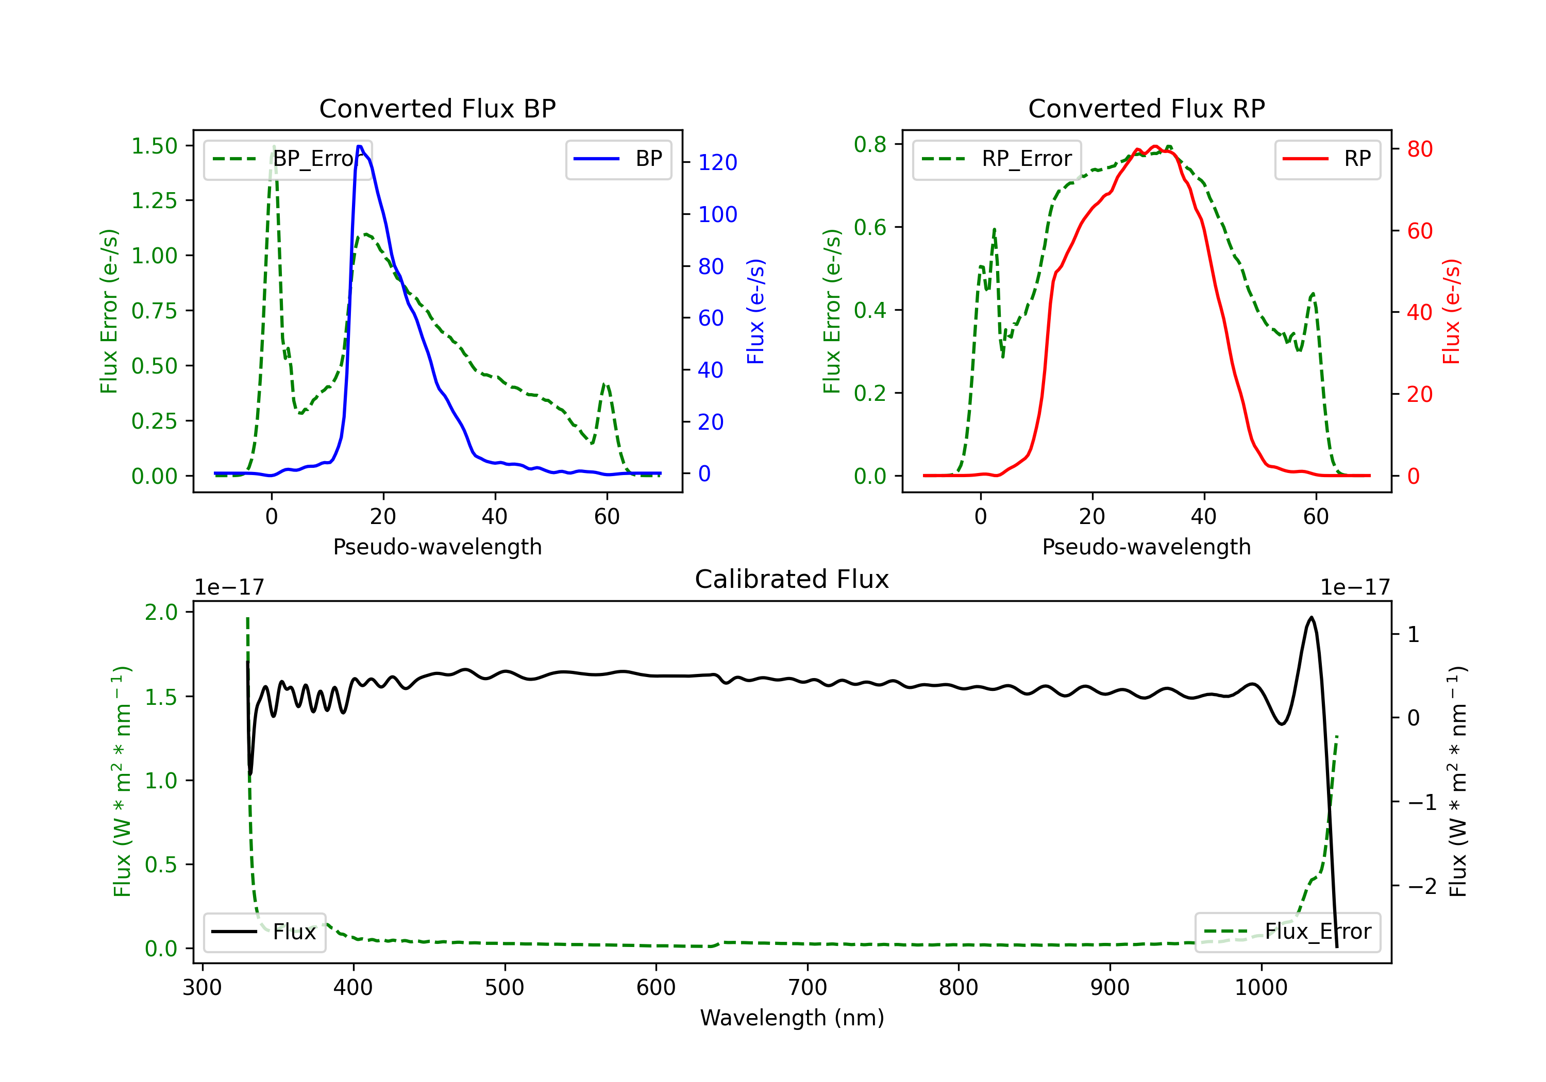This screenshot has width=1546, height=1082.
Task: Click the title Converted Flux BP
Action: (437, 108)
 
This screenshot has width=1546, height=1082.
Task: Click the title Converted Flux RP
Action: (1146, 108)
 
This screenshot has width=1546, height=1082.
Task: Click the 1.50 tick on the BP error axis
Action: (154, 146)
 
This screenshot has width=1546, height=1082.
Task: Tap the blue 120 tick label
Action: (717, 162)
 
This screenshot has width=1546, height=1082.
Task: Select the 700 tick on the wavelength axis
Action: (808, 988)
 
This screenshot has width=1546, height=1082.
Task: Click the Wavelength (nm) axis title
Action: (792, 1018)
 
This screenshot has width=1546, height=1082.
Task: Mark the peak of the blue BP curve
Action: (360, 146)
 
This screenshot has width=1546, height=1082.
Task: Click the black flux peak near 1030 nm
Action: (1311, 617)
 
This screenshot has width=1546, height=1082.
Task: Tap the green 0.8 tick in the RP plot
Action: (869, 144)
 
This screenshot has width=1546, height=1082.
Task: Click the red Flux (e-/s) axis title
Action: (1451, 311)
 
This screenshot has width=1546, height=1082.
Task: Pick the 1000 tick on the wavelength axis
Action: (1261, 988)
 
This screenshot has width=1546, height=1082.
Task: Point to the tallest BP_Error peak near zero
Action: (273, 147)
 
